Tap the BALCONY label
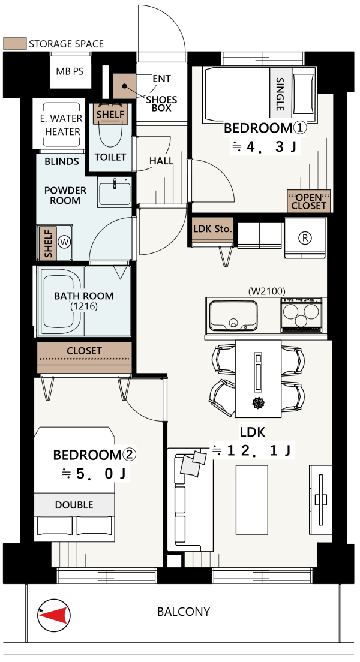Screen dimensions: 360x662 click(184, 612)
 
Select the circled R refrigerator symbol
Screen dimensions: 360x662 click(305, 238)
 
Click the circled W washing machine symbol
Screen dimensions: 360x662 click(64, 242)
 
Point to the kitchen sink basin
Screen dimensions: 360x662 click(233, 315)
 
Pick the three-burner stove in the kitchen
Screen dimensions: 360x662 click(301, 314)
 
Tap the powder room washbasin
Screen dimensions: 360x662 click(115, 192)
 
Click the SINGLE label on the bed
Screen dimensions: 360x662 click(279, 94)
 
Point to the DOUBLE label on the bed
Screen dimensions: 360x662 click(74, 505)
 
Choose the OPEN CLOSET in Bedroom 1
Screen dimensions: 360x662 click(309, 201)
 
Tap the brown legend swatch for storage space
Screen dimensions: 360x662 click(14, 44)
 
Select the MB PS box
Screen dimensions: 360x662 click(70, 71)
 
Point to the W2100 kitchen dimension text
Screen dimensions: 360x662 click(266, 291)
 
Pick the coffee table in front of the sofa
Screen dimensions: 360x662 click(251, 499)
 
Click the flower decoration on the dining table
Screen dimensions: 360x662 click(258, 403)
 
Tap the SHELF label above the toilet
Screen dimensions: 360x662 click(110, 114)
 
